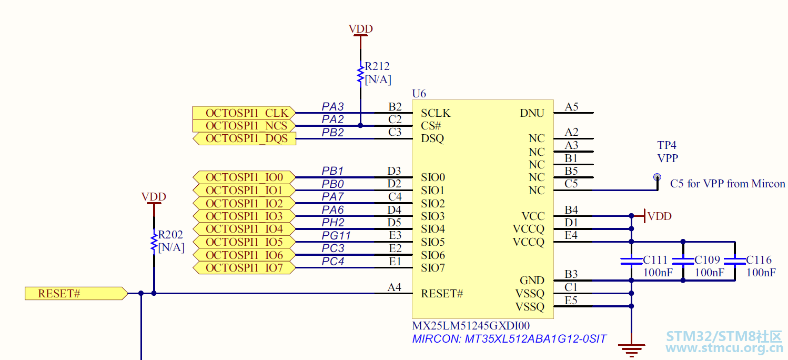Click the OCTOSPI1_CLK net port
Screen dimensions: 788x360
click(x=244, y=113)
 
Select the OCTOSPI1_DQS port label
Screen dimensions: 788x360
click(x=245, y=138)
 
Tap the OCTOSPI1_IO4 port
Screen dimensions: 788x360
click(x=244, y=229)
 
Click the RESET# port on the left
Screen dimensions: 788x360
click(x=76, y=294)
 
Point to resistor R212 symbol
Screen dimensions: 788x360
click(x=360, y=74)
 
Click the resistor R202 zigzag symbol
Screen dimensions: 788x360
click(x=154, y=242)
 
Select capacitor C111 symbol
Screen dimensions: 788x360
click(x=631, y=261)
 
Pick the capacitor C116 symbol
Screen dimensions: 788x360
click(x=735, y=261)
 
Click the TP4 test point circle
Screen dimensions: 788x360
click(x=657, y=177)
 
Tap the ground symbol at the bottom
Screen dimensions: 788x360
click(x=631, y=350)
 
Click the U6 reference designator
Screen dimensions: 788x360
click(x=419, y=94)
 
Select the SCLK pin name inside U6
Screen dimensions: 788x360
click(x=436, y=113)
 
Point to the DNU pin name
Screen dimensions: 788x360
click(x=532, y=113)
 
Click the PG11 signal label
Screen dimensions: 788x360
click(x=336, y=235)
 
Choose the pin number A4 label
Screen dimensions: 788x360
click(x=395, y=287)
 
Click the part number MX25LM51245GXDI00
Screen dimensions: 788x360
click(x=471, y=325)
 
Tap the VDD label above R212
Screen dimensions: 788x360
click(x=360, y=29)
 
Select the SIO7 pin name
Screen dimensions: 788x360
click(x=433, y=268)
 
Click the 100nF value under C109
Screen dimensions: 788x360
click(x=709, y=273)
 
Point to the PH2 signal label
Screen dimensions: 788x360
click(x=333, y=223)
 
